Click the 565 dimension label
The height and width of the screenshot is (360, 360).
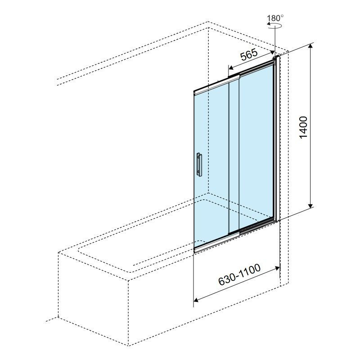[249, 54]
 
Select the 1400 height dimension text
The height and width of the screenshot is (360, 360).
[303, 127]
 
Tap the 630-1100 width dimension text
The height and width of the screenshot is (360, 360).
[239, 274]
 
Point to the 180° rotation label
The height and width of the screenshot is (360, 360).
[275, 18]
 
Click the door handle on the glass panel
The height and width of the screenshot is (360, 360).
[199, 165]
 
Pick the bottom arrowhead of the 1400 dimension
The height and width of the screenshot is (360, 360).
[310, 205]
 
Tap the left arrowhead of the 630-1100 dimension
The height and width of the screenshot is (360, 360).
[197, 299]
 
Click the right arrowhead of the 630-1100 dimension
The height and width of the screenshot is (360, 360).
[277, 268]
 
